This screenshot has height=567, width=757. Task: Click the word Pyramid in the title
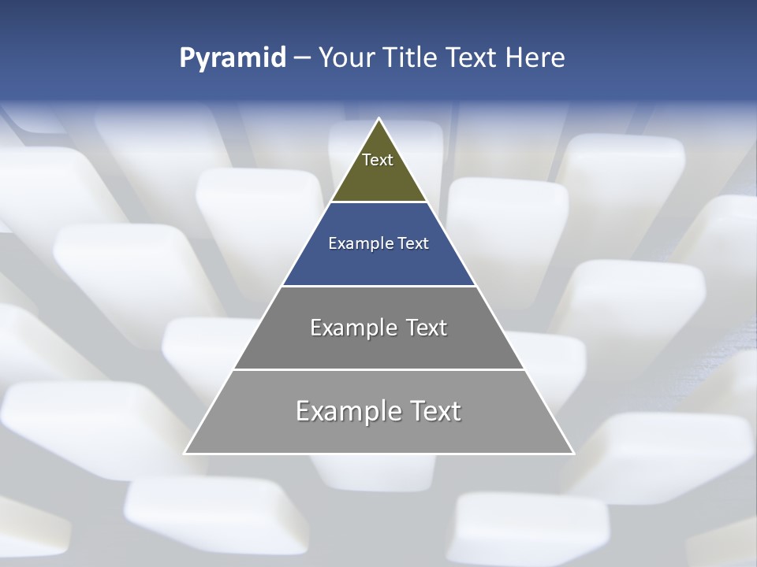click(232, 58)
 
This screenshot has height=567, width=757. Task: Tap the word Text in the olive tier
click(378, 160)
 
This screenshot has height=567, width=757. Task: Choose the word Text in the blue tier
click(414, 243)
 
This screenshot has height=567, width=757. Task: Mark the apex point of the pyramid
click(378, 119)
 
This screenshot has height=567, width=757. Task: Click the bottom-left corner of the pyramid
click(185, 453)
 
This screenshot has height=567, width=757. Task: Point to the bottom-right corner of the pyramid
click(572, 453)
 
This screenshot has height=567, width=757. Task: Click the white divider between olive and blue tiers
click(378, 202)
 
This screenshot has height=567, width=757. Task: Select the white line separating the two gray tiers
click(378, 369)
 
